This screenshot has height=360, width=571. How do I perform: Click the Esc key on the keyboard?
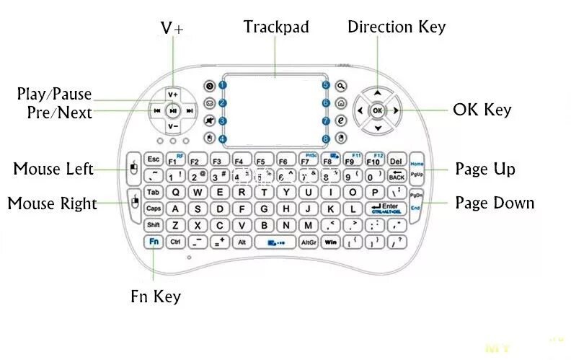click(153, 159)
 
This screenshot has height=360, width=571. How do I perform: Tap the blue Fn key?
click(153, 242)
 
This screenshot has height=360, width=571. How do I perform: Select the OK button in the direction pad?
click(377, 110)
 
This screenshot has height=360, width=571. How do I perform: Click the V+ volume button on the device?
click(172, 95)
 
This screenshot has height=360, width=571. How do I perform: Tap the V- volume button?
click(172, 127)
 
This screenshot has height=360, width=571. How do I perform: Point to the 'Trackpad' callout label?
click(276, 27)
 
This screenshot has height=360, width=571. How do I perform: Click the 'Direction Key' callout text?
click(397, 27)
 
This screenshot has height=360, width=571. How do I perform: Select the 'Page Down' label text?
click(495, 203)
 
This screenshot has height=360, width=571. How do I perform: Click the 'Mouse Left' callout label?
click(53, 169)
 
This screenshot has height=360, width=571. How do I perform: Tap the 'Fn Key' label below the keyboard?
click(156, 297)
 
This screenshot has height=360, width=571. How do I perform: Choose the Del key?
click(396, 159)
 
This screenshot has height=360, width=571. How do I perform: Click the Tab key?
click(153, 193)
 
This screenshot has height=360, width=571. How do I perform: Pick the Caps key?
click(153, 208)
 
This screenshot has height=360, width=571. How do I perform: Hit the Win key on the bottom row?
click(331, 242)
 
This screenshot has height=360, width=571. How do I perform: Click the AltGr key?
click(309, 242)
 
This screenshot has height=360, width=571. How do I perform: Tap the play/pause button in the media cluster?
click(172, 111)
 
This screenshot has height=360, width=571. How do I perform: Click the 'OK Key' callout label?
click(482, 110)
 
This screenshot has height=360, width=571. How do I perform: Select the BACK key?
click(396, 175)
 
